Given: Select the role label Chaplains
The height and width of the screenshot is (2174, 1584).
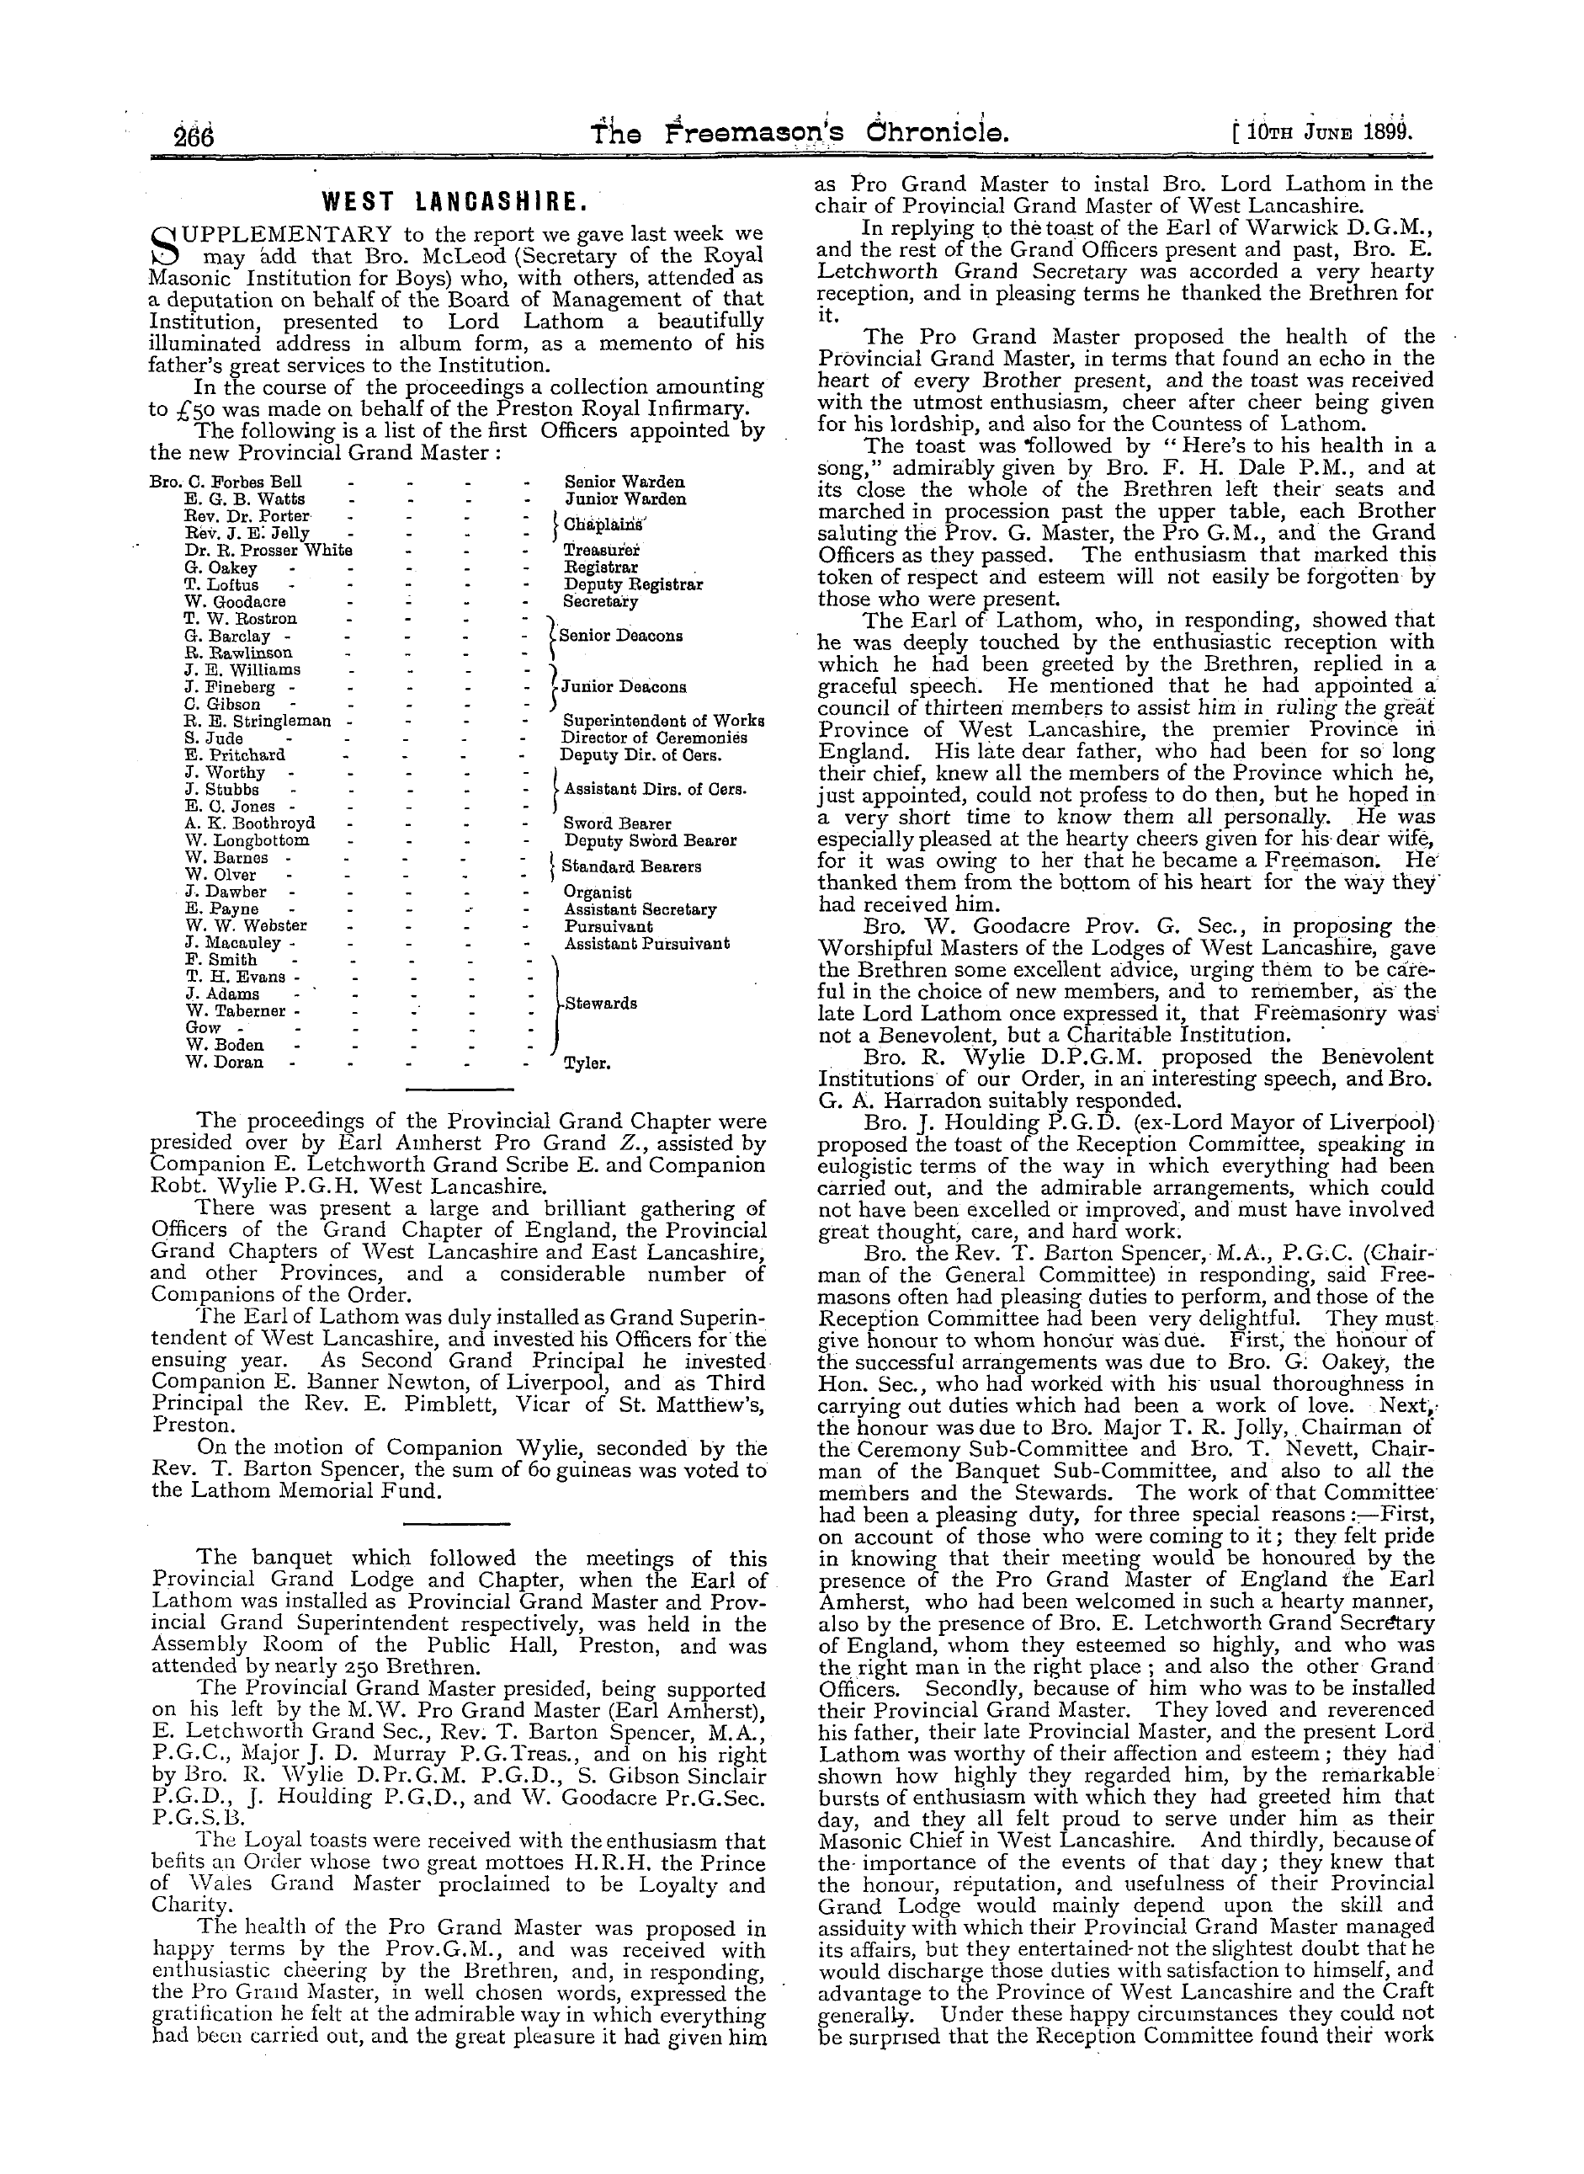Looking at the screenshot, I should (605, 525).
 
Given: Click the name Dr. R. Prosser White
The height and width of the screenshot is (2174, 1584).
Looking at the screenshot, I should (268, 551).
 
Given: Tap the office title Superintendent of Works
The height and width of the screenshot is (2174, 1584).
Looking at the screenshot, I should (662, 720).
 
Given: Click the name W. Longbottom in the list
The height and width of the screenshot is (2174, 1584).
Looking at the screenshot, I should (247, 840).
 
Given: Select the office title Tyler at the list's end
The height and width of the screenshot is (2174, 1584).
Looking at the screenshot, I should (587, 1063).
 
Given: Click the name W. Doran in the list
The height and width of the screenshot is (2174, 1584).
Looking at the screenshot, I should (226, 1063).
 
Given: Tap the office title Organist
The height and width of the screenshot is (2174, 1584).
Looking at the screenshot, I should (598, 893).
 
